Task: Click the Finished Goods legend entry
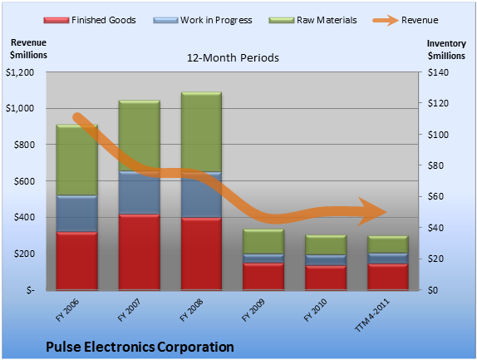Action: [90, 20]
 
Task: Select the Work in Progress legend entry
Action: [203, 20]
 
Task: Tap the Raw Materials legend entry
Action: [312, 20]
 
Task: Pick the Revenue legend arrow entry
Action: [406, 20]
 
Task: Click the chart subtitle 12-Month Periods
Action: [233, 57]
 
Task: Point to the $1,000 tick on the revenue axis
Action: [20, 108]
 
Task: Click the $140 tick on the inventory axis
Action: [438, 72]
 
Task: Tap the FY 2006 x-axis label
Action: [67, 310]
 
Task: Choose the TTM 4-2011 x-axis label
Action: [372, 314]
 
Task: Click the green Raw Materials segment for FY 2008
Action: [201, 131]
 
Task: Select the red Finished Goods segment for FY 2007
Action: [140, 252]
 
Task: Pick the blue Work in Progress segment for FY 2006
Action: [77, 214]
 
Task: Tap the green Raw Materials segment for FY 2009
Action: [263, 242]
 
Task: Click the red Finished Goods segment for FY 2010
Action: [326, 278]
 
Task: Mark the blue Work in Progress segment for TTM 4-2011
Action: [388, 259]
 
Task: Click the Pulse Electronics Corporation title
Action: [140, 347]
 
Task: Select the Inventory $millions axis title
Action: [446, 50]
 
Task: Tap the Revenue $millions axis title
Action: [28, 49]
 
